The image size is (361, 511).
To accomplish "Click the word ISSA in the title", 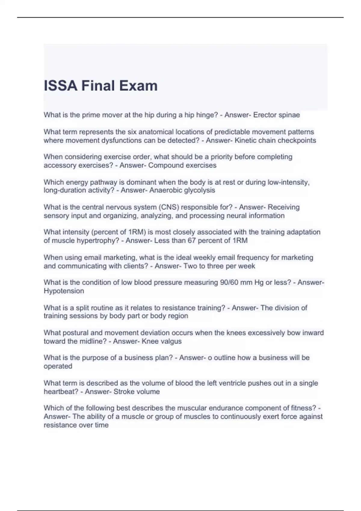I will [x=60, y=86].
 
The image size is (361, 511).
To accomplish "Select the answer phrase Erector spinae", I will [x=276, y=115].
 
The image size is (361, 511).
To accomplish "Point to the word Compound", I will [x=163, y=165].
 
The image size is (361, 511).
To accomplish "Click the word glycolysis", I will [x=199, y=190].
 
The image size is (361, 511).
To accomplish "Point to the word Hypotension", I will [x=64, y=291].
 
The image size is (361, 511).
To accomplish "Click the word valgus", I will [x=172, y=341].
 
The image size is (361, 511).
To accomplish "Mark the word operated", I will [x=58, y=366].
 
